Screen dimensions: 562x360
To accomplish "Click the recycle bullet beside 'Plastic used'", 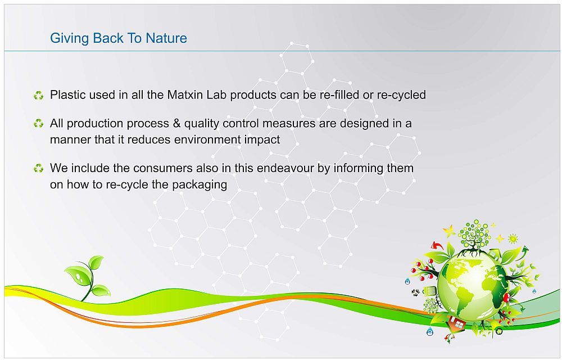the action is click(x=38, y=96).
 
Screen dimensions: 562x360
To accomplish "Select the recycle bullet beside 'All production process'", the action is click(x=38, y=124).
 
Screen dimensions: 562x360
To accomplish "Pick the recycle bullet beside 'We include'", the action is click(x=38, y=168).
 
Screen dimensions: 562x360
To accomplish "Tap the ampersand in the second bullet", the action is click(x=176, y=123).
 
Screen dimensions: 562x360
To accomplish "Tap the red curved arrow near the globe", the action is click(x=437, y=246).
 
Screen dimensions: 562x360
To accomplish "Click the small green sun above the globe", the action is click(x=513, y=238).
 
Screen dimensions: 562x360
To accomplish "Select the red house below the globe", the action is click(x=456, y=323).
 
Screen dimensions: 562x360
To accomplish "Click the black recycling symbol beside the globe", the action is click(x=416, y=293).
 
